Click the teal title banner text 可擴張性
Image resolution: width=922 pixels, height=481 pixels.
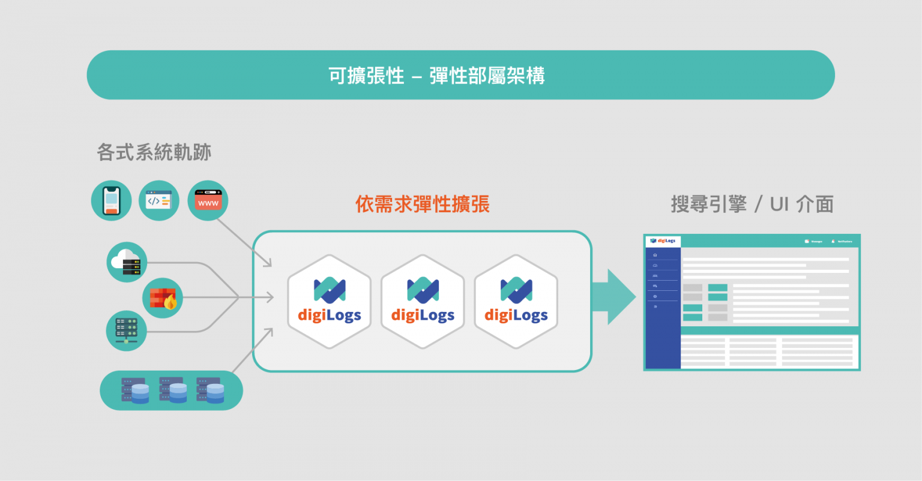(x=366, y=76)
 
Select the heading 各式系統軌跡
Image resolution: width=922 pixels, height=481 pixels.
(x=154, y=152)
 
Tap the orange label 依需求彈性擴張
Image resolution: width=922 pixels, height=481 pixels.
(x=423, y=204)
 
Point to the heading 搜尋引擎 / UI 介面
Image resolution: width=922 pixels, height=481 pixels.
(x=752, y=204)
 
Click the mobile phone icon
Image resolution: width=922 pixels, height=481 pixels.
(x=111, y=200)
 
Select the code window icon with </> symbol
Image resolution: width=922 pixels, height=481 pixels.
(x=159, y=200)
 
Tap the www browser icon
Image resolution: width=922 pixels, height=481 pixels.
(x=208, y=200)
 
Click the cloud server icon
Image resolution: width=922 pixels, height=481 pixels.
(x=127, y=262)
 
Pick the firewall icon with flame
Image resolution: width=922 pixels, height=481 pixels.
(x=163, y=297)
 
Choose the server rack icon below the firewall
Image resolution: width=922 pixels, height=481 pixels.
(x=126, y=330)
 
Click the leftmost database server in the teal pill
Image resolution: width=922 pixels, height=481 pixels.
(x=135, y=390)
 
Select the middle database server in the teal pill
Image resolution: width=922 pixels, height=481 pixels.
(x=173, y=390)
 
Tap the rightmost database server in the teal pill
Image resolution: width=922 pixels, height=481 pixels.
(x=210, y=390)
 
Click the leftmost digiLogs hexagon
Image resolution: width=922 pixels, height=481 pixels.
(x=329, y=302)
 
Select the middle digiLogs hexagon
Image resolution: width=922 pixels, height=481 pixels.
(x=423, y=302)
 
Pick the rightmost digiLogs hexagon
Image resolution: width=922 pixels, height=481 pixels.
(x=516, y=302)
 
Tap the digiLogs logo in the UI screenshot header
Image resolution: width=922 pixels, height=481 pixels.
(x=663, y=241)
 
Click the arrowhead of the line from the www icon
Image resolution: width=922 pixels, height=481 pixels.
(x=268, y=263)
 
